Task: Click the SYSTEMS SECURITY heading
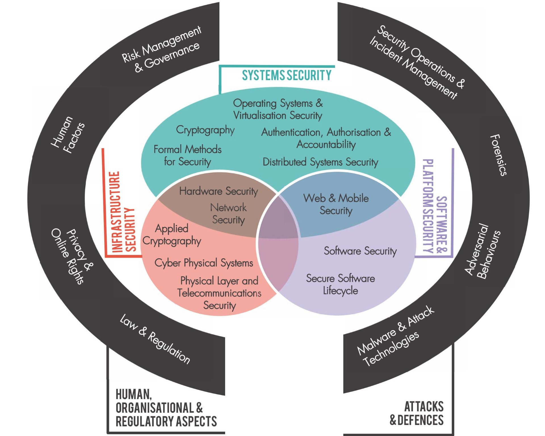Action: point(286,76)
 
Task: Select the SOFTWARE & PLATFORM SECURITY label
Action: point(435,206)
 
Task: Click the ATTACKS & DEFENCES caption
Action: point(417,413)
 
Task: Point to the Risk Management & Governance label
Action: point(161,49)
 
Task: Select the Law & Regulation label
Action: point(155,339)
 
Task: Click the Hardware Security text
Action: point(219,191)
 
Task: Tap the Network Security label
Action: point(229,214)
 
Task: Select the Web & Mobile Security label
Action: point(336,204)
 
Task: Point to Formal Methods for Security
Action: point(188,155)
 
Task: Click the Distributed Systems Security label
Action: point(320,162)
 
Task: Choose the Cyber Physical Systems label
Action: point(204,263)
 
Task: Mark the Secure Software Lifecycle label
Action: point(340,284)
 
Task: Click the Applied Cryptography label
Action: point(172,235)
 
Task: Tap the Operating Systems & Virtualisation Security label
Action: point(278,109)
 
